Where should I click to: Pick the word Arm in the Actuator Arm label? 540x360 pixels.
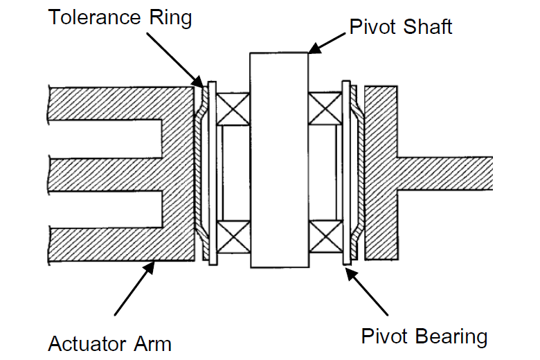point(154,343)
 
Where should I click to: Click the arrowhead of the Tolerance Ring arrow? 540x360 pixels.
point(201,84)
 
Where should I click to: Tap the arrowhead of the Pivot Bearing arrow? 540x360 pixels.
point(348,269)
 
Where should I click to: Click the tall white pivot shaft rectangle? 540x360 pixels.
point(278,159)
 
